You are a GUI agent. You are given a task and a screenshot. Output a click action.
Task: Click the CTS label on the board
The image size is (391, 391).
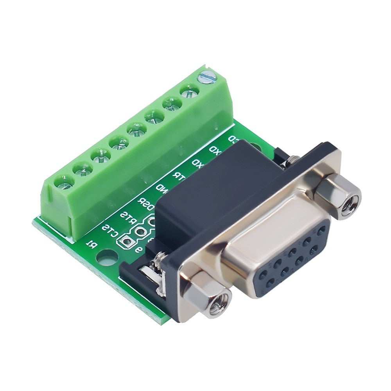tap(109, 231)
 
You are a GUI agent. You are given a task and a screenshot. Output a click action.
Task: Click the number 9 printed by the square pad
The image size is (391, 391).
tap(137, 249)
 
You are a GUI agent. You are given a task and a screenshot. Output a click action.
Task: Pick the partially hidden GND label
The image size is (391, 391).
tap(161, 188)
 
